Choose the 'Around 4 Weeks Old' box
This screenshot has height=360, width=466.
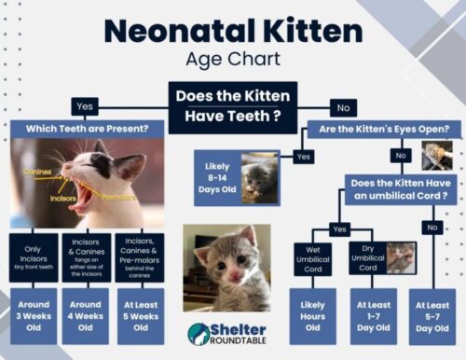tap(86, 315)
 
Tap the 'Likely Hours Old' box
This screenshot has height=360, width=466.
tap(312, 315)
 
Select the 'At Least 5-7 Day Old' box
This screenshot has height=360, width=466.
tap(433, 315)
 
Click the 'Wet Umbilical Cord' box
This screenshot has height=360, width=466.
tap(312, 258)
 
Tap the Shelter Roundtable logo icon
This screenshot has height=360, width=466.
tap(199, 334)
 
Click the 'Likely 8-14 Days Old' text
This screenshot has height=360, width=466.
tap(216, 177)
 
